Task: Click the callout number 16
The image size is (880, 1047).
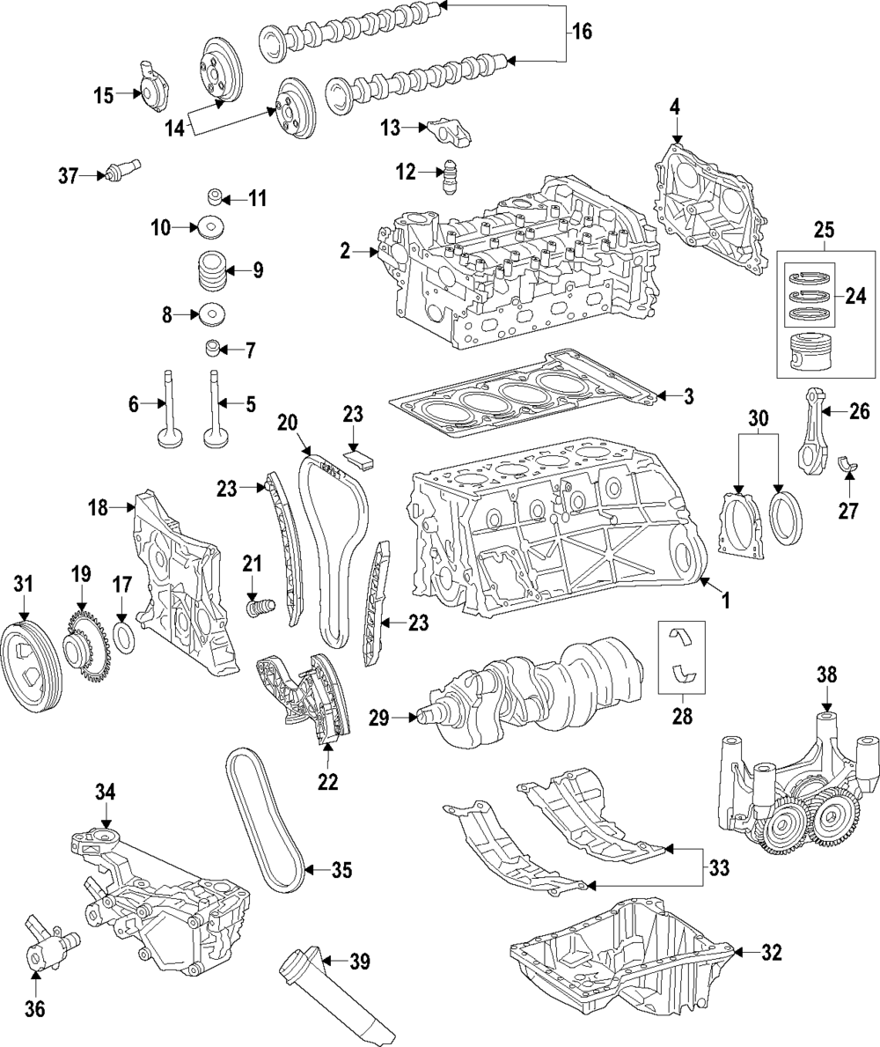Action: tap(582, 31)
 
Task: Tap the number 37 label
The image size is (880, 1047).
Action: tap(69, 175)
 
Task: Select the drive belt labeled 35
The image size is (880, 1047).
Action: tap(266, 819)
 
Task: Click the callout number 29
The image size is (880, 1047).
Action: tap(379, 718)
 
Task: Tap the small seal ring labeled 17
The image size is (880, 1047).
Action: tap(126, 637)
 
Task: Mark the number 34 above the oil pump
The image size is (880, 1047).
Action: tap(106, 793)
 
